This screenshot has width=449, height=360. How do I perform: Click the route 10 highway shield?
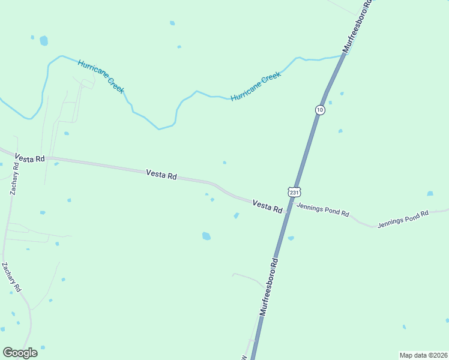click(x=320, y=110)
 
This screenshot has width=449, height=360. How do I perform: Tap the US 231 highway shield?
click(x=293, y=192)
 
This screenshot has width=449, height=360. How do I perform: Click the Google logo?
click(x=20, y=353)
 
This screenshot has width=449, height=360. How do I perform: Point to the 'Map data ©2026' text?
click(x=423, y=355)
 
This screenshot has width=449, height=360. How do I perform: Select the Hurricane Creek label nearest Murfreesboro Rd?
click(x=256, y=87)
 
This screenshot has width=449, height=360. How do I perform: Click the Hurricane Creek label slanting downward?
click(x=101, y=76)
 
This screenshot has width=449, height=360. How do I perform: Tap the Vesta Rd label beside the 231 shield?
click(x=267, y=207)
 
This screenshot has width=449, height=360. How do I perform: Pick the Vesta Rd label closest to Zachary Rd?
click(x=31, y=158)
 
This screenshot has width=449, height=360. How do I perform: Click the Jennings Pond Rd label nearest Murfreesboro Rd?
click(x=323, y=211)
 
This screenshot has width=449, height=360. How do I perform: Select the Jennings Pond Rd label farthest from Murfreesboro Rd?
click(x=403, y=221)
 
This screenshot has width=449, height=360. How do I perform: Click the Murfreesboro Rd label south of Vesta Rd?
click(x=270, y=287)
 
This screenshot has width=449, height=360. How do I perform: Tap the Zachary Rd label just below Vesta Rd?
click(x=14, y=178)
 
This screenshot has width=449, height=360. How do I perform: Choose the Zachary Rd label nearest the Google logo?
click(x=11, y=278)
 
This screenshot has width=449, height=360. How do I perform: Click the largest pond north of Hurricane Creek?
click(x=43, y=41)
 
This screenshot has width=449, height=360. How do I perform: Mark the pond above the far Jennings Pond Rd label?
click(x=430, y=194)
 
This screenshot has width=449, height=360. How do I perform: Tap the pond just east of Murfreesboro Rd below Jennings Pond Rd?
click(x=291, y=238)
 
